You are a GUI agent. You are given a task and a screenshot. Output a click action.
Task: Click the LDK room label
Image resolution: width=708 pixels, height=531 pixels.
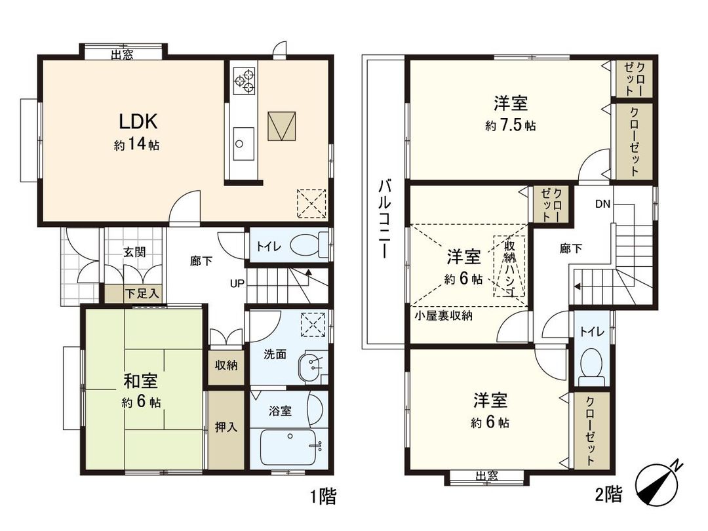tap(137, 121)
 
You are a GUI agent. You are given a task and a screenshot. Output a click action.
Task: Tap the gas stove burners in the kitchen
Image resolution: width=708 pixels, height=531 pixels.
tap(245, 79)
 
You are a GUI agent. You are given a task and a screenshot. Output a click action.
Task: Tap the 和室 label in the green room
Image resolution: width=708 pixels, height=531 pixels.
tap(140, 381)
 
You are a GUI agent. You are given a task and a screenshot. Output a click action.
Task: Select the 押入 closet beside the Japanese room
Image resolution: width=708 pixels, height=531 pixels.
tap(226, 427)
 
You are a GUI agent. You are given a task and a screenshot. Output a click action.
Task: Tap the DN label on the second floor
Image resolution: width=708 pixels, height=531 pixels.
tap(602, 204)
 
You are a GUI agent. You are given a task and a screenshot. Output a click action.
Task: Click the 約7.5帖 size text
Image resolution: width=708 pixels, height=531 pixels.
tap(510, 126)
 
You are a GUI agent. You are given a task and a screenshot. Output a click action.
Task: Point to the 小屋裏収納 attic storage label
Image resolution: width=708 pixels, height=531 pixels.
tap(444, 315)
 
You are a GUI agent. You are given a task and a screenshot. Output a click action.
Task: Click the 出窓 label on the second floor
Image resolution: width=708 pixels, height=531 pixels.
tap(485, 477)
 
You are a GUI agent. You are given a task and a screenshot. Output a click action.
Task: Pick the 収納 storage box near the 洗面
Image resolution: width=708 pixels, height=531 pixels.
tap(226, 365)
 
